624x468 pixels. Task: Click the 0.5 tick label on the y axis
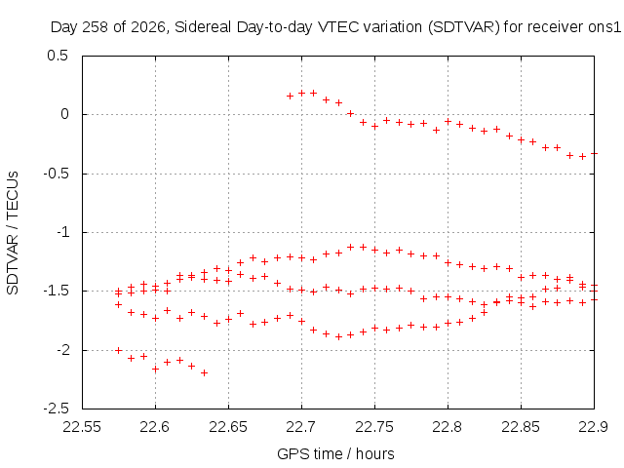pyautogui.click(x=58, y=56)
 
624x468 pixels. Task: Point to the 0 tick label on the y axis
pyautogui.click(x=64, y=114)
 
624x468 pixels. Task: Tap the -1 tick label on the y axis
pyautogui.click(x=62, y=232)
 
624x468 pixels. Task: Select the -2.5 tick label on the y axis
pyautogui.click(x=56, y=409)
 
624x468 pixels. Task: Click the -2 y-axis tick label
pyautogui.click(x=62, y=350)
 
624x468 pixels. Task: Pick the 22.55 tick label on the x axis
pyautogui.click(x=82, y=427)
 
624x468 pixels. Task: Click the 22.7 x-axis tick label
pyautogui.click(x=301, y=427)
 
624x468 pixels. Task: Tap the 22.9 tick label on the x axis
pyautogui.click(x=594, y=427)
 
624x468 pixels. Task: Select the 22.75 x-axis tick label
pyautogui.click(x=374, y=427)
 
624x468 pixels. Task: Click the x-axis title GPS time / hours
pyautogui.click(x=335, y=453)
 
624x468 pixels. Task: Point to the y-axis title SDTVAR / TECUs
pyautogui.click(x=13, y=233)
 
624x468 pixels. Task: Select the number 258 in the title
pyautogui.click(x=96, y=27)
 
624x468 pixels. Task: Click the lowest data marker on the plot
pyautogui.click(x=204, y=372)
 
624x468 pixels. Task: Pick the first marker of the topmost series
pyautogui.click(x=291, y=96)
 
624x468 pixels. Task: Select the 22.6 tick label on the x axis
pyautogui.click(x=155, y=427)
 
